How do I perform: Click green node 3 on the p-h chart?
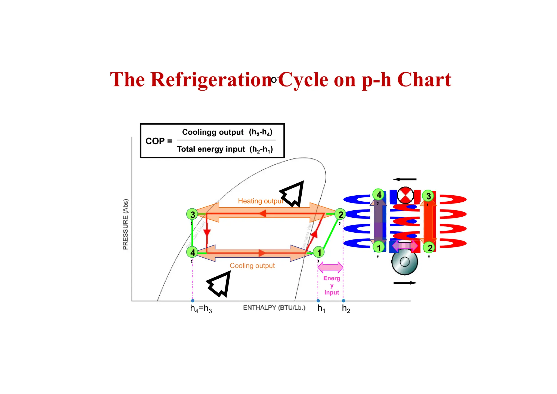[192, 214]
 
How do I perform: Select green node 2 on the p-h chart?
[340, 214]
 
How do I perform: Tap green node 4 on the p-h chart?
[192, 252]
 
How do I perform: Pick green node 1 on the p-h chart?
[319, 252]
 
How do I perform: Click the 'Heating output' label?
[260, 201]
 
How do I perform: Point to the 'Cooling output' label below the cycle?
[252, 266]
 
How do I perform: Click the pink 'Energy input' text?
[332, 285]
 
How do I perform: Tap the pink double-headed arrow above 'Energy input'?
[330, 267]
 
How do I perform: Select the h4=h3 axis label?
[201, 309]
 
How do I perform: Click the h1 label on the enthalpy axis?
[321, 309]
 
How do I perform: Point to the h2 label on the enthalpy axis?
[346, 309]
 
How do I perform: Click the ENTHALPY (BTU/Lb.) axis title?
[274, 308]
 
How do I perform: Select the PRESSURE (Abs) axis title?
[125, 224]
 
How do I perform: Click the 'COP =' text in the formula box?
[159, 141]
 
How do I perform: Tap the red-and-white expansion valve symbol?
[405, 195]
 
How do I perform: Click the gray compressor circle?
[404, 262]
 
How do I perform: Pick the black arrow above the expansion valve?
[405, 179]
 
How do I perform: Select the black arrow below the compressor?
[405, 283]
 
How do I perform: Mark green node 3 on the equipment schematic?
[428, 196]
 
